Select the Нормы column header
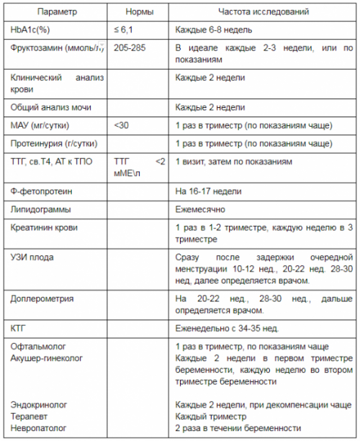pos(138,13)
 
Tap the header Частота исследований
pos(264,13)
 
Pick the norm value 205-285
pos(130,49)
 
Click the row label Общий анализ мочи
pos(45,106)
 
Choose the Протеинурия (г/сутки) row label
pos(53,143)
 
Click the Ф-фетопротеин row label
pos(42,192)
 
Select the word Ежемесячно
pos(201,209)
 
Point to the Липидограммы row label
pos(40,209)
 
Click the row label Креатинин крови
pos(45,227)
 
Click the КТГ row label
pos(19,327)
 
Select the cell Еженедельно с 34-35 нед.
pos(227,327)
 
